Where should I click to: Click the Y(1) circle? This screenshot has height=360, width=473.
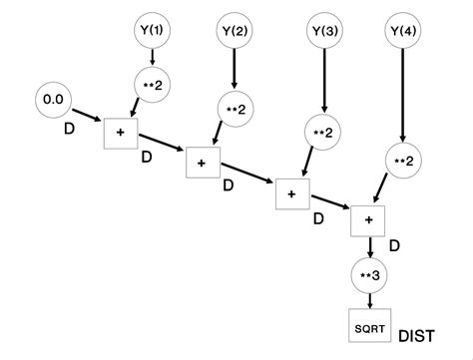click(x=153, y=31)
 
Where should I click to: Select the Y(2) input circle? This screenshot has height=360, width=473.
click(x=236, y=31)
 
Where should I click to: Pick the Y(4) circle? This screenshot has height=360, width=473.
click(x=401, y=31)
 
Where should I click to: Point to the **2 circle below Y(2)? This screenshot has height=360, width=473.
click(x=236, y=110)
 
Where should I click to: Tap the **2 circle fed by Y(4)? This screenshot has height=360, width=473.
click(x=402, y=160)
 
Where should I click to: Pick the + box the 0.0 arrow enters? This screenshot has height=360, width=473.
click(x=118, y=132)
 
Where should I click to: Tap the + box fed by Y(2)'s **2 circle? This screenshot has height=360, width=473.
click(x=201, y=163)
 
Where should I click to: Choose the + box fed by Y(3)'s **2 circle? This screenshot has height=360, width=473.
click(x=291, y=193)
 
